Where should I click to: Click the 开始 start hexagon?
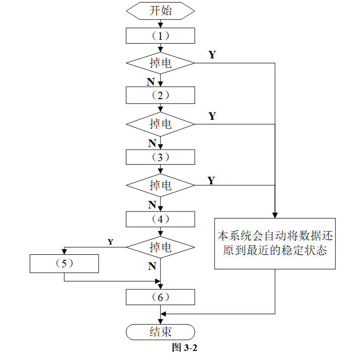161,11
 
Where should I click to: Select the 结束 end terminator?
161,332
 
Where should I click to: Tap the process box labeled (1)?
161,36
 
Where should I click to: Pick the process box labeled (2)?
161,95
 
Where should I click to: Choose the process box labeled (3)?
161,157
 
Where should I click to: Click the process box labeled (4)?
161,219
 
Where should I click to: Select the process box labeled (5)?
64,263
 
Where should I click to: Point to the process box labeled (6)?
161,297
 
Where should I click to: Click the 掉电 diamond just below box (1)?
161,63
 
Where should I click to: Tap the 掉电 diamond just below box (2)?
161,124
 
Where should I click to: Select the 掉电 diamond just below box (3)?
161,185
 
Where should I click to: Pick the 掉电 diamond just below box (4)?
161,247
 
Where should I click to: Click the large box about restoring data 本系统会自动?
275,244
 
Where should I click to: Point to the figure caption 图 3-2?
185,348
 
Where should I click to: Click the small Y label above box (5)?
111,242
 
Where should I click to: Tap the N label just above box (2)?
151,82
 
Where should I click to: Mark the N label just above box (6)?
152,266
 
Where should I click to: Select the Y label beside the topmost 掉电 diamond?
212,55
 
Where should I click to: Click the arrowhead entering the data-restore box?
275,215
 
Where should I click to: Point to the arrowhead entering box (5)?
64,252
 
